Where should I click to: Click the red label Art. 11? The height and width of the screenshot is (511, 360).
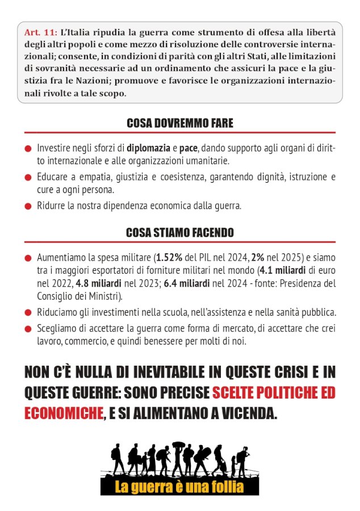pyautogui.click(x=39, y=32)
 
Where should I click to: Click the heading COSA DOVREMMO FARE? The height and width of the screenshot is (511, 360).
pyautogui.click(x=180, y=123)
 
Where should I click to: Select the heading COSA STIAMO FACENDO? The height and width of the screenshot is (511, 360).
pyautogui.click(x=180, y=233)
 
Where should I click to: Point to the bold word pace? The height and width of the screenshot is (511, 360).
pyautogui.click(x=189, y=149)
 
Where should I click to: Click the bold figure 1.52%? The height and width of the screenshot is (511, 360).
pyautogui.click(x=171, y=258)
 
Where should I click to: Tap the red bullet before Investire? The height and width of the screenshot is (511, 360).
pyautogui.click(x=27, y=149)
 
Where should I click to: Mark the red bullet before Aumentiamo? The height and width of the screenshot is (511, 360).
pyautogui.click(x=27, y=259)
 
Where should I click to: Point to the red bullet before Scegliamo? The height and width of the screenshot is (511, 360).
pyautogui.click(x=27, y=328)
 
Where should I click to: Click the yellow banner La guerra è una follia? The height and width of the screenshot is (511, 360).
pyautogui.click(x=179, y=487)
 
